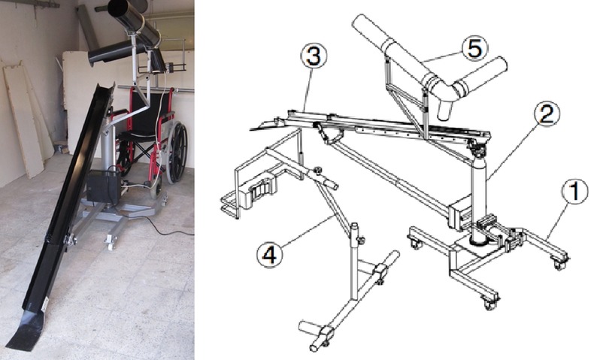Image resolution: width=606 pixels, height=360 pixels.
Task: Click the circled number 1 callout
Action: [575, 191]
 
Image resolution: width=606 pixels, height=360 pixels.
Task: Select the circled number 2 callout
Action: [547, 113]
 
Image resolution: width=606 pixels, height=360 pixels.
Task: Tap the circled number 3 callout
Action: [314, 56]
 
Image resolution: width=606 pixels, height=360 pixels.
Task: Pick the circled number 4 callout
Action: [270, 255]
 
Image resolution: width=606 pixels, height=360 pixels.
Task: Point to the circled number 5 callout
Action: [475, 49]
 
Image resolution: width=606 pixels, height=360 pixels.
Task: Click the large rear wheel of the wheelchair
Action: [177, 152]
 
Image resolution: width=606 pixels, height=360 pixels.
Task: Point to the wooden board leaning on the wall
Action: [24, 119]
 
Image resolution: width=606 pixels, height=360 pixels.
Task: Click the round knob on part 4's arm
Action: [318, 170]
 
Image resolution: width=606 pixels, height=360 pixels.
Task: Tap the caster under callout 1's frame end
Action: [559, 265]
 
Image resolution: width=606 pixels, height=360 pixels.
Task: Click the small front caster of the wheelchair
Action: [156, 192]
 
